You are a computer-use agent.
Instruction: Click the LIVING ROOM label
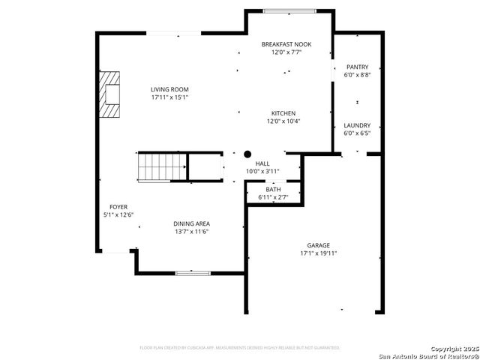[169, 89]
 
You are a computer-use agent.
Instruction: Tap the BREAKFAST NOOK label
[286, 45]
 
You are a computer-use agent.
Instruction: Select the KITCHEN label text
[283, 113]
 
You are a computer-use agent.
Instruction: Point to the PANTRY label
[357, 67]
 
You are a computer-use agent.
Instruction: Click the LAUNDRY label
[357, 125]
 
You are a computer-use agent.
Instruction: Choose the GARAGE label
[318, 245]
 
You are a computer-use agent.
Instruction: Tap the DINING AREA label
[191, 223]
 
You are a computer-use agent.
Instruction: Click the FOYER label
[118, 207]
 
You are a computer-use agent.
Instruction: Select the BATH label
[273, 190]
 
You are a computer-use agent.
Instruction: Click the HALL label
[262, 163]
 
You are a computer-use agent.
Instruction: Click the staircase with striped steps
[160, 166]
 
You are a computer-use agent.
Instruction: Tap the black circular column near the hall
[247, 154]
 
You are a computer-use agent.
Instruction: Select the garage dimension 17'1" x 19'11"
[318, 253]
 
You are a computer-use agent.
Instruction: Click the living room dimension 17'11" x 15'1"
[169, 97]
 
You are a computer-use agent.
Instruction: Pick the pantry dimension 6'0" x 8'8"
[357, 74]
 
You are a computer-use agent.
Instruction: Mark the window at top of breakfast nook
[289, 10]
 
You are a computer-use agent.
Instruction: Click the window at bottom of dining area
[193, 272]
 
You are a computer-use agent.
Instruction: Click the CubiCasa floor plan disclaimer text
[240, 348]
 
